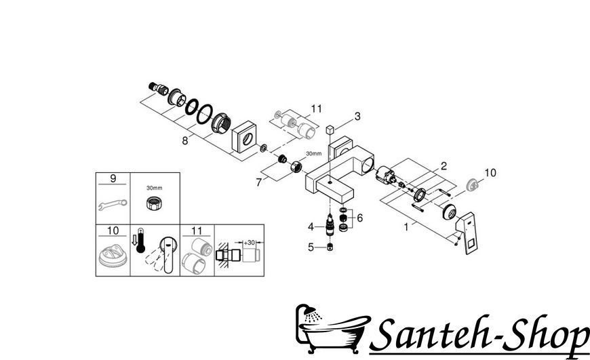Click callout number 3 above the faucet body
tap(357, 116)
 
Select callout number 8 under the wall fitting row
tap(184, 141)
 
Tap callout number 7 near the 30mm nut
tap(258, 182)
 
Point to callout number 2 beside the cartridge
tap(444, 166)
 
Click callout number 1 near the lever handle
tap(406, 227)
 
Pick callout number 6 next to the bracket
tap(359, 218)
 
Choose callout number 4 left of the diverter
tap(311, 227)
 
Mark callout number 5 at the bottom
tap(311, 247)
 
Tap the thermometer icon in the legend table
tap(141, 240)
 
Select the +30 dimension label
tap(249, 243)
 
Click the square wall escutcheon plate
tap(245, 137)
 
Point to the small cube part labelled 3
tap(330, 130)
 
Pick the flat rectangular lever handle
tap(467, 233)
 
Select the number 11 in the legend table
tap(197, 231)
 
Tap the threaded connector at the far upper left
tap(158, 89)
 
